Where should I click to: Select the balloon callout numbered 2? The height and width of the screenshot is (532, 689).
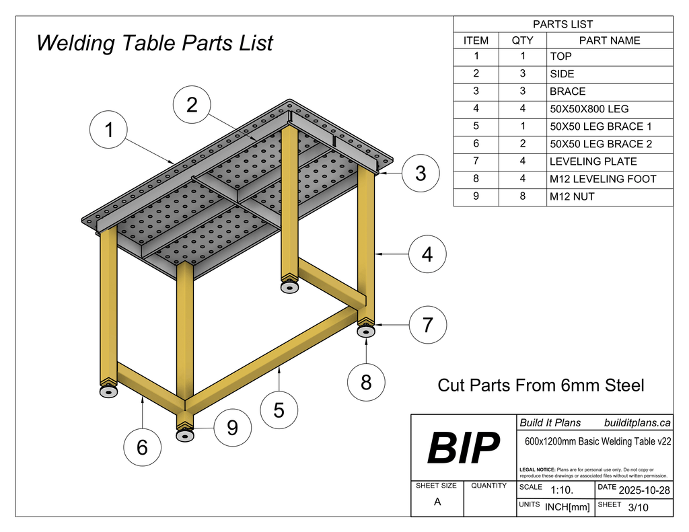[192, 105]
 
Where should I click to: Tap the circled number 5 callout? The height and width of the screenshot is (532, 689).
[279, 410]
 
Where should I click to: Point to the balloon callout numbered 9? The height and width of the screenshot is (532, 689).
[232, 428]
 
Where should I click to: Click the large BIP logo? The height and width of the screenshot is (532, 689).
[464, 448]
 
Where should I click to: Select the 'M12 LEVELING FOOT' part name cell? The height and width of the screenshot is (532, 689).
[610, 179]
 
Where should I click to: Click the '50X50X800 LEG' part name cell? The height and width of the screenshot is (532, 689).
[610, 108]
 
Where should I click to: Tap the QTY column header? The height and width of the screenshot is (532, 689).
[522, 40]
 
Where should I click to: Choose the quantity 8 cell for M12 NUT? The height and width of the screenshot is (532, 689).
[522, 196]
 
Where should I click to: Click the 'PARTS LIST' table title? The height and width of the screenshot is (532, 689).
[563, 24]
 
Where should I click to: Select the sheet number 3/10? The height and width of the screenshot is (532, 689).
[638, 508]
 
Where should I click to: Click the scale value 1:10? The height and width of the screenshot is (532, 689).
[562, 490]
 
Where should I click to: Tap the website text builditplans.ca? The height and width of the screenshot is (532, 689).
[637, 423]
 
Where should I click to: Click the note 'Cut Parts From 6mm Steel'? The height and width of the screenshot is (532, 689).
[541, 385]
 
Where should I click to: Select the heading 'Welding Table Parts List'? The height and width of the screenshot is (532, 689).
[155, 44]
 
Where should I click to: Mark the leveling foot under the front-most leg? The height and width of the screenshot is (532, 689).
[185, 436]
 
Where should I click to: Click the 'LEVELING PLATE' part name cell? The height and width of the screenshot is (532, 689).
[610, 161]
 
